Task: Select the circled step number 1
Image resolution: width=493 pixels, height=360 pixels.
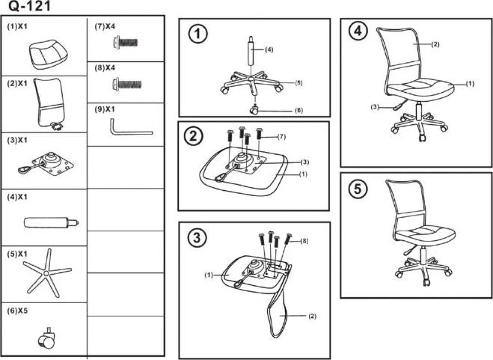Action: (197, 34)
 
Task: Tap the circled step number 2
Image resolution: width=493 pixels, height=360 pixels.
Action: (195, 136)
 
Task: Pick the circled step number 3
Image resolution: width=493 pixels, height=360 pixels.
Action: (196, 239)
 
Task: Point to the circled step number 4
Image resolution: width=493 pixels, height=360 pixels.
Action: (359, 31)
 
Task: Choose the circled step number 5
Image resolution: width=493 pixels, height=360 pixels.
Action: (359, 190)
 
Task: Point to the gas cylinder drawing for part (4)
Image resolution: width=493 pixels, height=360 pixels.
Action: (49, 222)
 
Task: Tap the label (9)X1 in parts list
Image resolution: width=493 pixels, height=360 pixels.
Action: (105, 109)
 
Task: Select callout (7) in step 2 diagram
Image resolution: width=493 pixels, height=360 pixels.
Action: (282, 136)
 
